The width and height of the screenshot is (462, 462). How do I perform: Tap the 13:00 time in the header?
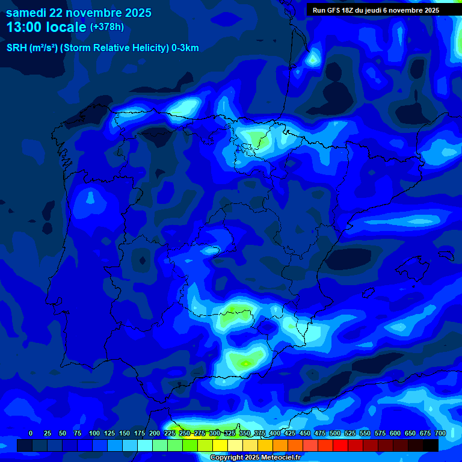point(24,27)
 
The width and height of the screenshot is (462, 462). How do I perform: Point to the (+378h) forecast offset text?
point(107,27)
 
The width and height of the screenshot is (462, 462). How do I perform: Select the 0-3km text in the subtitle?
point(185,48)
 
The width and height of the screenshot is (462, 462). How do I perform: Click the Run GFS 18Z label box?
point(376,10)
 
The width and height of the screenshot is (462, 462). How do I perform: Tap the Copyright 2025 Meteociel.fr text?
point(255,458)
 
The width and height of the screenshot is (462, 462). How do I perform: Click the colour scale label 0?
point(31,433)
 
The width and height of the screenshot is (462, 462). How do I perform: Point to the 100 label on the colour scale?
point(94,433)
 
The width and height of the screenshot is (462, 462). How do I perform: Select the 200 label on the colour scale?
point(155,433)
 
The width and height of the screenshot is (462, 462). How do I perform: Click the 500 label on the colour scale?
point(334,433)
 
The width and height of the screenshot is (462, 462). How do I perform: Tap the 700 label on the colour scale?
point(440,433)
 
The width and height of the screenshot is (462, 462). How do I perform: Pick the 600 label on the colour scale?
point(395,433)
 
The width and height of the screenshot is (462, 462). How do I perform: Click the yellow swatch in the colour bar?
point(220,445)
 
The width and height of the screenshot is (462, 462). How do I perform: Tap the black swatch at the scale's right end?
point(431,445)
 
